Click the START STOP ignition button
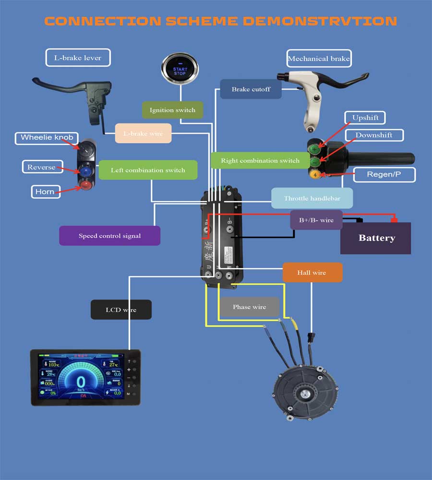coord(180,70)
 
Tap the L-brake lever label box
coord(78,58)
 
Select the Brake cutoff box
coord(251,89)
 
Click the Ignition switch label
coord(172,110)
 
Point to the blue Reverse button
coord(86,171)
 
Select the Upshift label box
coord(365,118)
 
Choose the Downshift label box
coord(373,135)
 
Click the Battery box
coord(375,238)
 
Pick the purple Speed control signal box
coord(109,236)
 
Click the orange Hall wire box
coord(312,273)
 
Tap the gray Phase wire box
coord(249,307)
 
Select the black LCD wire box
coord(121,310)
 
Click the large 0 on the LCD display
coord(81,383)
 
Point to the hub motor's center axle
coord(304,395)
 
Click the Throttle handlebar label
coord(312,198)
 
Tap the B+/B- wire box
coord(316,220)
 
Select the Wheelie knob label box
coord(47,138)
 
